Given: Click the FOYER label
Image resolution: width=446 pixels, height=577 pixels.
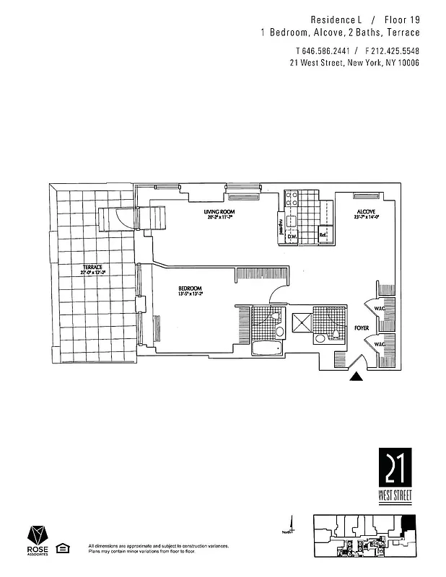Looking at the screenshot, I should point(362,328).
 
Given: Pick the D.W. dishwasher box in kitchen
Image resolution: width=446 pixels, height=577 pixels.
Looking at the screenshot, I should point(293,235).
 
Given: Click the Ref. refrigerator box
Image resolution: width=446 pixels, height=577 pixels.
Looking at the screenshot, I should point(325,234).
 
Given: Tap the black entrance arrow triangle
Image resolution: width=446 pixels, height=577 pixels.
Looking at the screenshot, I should point(356,376).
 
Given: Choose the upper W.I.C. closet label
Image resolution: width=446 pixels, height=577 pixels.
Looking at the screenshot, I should point(378,310).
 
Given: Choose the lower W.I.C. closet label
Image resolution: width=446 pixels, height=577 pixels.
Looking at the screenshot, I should point(378,345).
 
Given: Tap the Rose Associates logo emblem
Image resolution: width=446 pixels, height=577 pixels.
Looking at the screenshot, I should point(38,535).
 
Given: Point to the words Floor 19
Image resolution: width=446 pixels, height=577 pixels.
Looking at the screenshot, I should point(400,20).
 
